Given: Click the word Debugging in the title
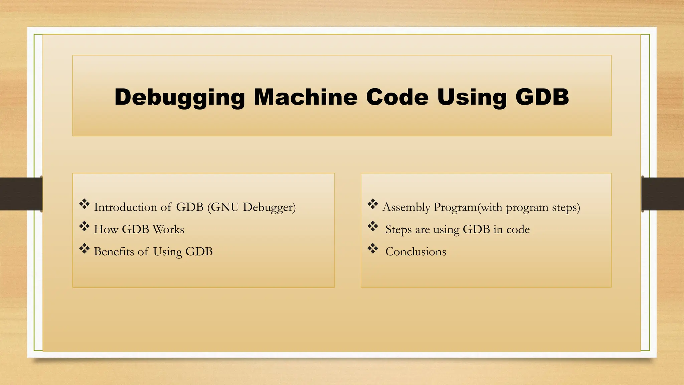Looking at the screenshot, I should (x=180, y=97).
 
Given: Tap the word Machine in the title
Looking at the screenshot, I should (x=306, y=97).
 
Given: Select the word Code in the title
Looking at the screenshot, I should (x=397, y=97).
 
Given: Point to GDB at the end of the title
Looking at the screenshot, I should (x=542, y=97).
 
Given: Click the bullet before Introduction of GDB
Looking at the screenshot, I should (x=84, y=204).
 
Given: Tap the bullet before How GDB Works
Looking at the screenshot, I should (x=84, y=227).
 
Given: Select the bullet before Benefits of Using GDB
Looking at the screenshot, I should (x=84, y=249).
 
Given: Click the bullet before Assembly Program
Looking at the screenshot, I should (x=372, y=204).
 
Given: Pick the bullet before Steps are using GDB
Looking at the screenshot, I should (x=372, y=227).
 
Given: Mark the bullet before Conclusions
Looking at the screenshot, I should (x=372, y=249).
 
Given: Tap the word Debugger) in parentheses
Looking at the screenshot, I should (x=269, y=207).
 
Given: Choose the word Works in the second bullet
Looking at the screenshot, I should (x=168, y=230).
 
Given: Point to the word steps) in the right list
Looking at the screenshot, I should (x=566, y=207).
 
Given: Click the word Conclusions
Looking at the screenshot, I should (x=416, y=252).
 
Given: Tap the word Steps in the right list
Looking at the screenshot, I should (x=398, y=230).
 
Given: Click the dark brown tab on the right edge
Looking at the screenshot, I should (x=663, y=194).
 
